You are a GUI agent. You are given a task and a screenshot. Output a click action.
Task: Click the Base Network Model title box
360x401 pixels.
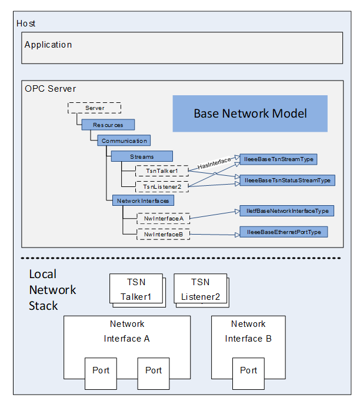click(x=250, y=113)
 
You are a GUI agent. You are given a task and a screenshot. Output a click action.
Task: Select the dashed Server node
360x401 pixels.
click(x=94, y=108)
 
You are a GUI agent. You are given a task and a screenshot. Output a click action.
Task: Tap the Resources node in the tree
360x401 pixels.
click(x=108, y=125)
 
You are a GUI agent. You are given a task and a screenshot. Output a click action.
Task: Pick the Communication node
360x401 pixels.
click(x=124, y=141)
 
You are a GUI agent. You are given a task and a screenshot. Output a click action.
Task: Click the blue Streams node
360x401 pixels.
click(x=142, y=156)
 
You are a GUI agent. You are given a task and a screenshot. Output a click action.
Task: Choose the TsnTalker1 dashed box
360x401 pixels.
click(x=161, y=171)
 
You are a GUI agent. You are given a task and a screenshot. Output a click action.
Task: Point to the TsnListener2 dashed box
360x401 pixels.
click(x=162, y=186)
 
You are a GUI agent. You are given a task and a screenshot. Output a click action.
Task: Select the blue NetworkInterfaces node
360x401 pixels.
click(x=143, y=200)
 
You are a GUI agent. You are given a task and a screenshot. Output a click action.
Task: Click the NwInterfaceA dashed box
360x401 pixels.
click(x=164, y=218)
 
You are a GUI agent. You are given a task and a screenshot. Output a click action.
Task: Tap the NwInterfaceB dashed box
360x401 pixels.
click(x=164, y=235)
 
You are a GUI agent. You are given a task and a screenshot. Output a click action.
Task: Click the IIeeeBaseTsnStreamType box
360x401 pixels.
click(x=278, y=159)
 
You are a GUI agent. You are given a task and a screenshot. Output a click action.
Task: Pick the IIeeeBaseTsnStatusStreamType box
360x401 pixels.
click(x=286, y=180)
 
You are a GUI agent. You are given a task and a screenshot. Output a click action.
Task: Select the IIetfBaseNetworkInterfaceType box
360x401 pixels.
click(x=287, y=210)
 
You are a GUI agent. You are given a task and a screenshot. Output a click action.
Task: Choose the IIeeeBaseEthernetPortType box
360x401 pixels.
click(x=283, y=232)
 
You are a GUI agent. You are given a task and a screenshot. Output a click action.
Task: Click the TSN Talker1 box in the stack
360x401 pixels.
click(x=136, y=289)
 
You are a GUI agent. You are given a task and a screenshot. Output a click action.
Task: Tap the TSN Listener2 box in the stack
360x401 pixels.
click(x=200, y=289)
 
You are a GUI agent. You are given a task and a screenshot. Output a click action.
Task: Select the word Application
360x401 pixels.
click(x=48, y=45)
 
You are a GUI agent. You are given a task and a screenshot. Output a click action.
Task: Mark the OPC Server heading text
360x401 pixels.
click(x=51, y=89)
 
